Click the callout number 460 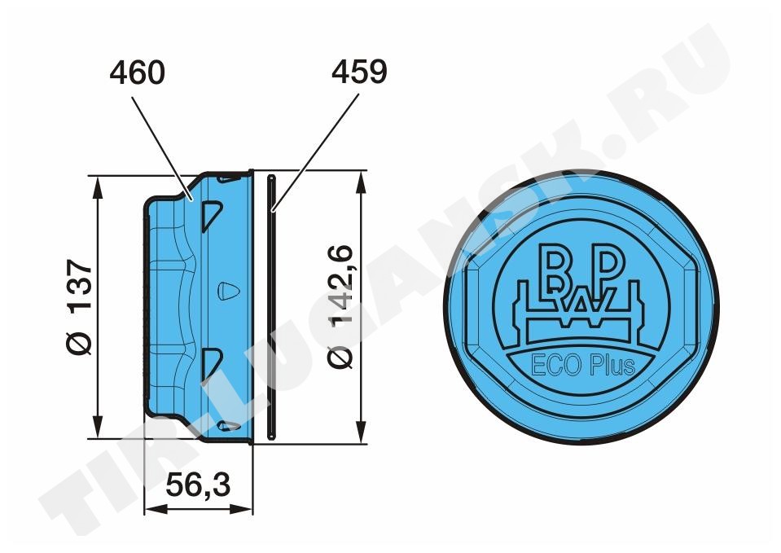137,72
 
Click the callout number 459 359,72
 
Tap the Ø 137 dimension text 80,306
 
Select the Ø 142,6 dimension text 341,306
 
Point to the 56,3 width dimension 198,485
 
